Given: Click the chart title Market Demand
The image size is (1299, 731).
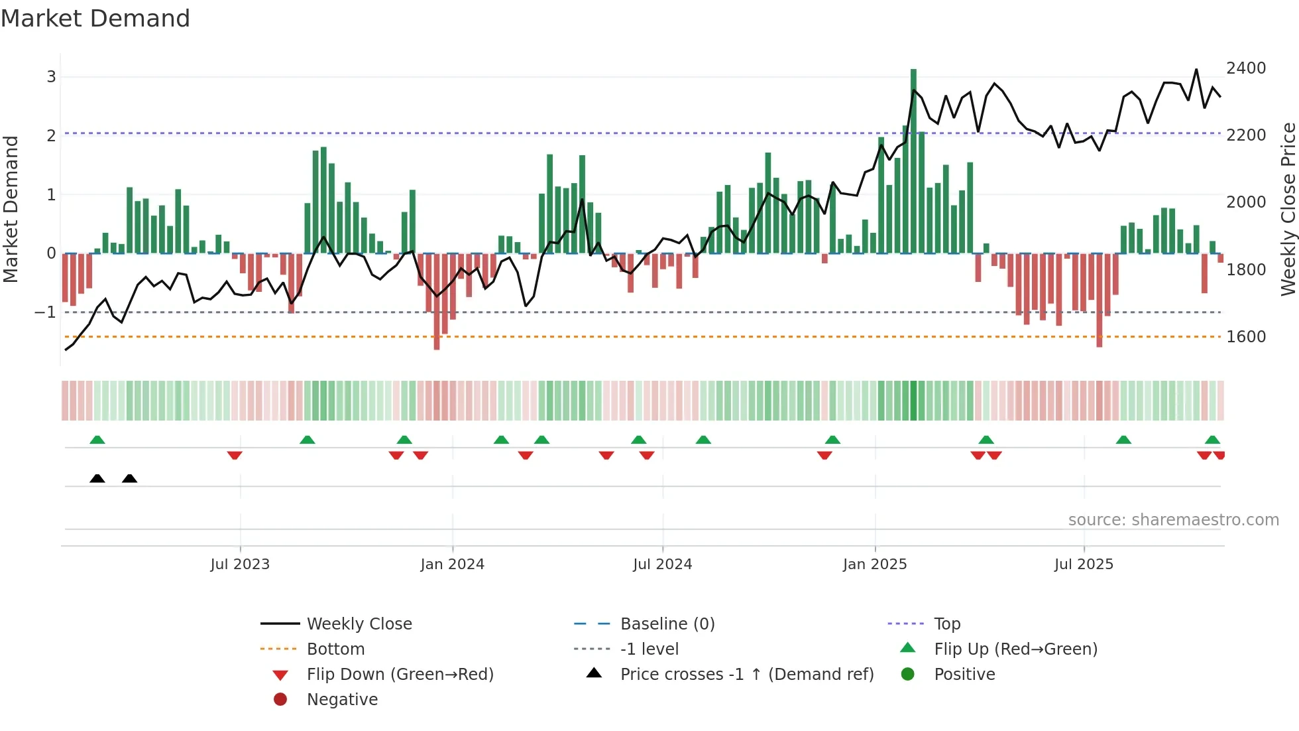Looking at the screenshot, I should click(x=95, y=19).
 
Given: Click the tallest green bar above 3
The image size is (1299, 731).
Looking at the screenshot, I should click(x=913, y=159).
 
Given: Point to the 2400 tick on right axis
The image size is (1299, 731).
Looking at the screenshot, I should click(x=1246, y=68).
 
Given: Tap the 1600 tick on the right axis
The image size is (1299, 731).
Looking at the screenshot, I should click(x=1246, y=337).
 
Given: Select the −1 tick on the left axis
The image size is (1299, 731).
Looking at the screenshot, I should click(x=46, y=312).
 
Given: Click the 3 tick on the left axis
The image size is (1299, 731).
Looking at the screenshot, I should click(x=51, y=77).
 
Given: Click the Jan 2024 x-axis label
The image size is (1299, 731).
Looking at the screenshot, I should click(x=452, y=565).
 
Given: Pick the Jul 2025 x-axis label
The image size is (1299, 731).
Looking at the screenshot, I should click(x=1084, y=565).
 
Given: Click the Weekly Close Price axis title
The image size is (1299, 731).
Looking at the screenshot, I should click(x=1288, y=209).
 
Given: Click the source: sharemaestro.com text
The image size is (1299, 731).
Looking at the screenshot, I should click(x=1173, y=520).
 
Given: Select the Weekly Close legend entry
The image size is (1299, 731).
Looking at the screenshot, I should click(x=359, y=624).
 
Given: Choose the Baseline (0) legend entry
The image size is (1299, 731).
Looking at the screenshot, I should click(x=667, y=624).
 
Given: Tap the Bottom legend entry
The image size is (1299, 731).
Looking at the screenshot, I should click(x=335, y=649).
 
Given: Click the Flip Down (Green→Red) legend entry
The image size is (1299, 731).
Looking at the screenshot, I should click(x=400, y=675).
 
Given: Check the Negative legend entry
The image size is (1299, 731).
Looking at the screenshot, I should click(x=342, y=700).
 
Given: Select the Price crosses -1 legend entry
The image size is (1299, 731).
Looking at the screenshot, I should click(x=746, y=675).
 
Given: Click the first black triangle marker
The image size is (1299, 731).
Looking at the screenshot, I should click(x=97, y=479).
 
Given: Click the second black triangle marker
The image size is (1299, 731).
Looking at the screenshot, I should click(x=130, y=479).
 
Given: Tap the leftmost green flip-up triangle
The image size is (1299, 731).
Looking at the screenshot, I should click(x=97, y=440).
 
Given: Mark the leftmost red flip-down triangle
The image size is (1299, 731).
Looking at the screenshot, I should click(x=235, y=455).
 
